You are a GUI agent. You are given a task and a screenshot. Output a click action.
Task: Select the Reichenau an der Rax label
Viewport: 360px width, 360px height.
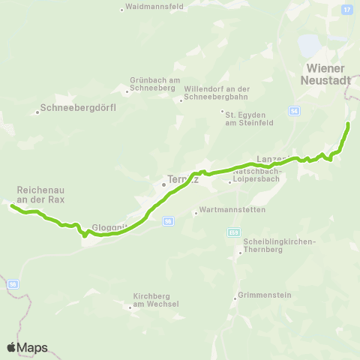[41, 195]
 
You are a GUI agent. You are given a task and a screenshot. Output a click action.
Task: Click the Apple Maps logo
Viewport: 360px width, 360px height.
[27, 347]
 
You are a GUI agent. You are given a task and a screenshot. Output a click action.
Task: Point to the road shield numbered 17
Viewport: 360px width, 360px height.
[346, 9]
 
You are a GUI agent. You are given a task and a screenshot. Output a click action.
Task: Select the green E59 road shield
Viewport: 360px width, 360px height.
[234, 232]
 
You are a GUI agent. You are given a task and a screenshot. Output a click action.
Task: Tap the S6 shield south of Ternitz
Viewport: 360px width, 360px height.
[169, 220]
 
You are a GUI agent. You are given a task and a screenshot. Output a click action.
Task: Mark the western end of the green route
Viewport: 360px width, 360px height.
[12, 204]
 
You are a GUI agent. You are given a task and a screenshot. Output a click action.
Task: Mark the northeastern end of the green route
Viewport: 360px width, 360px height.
[348, 123]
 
